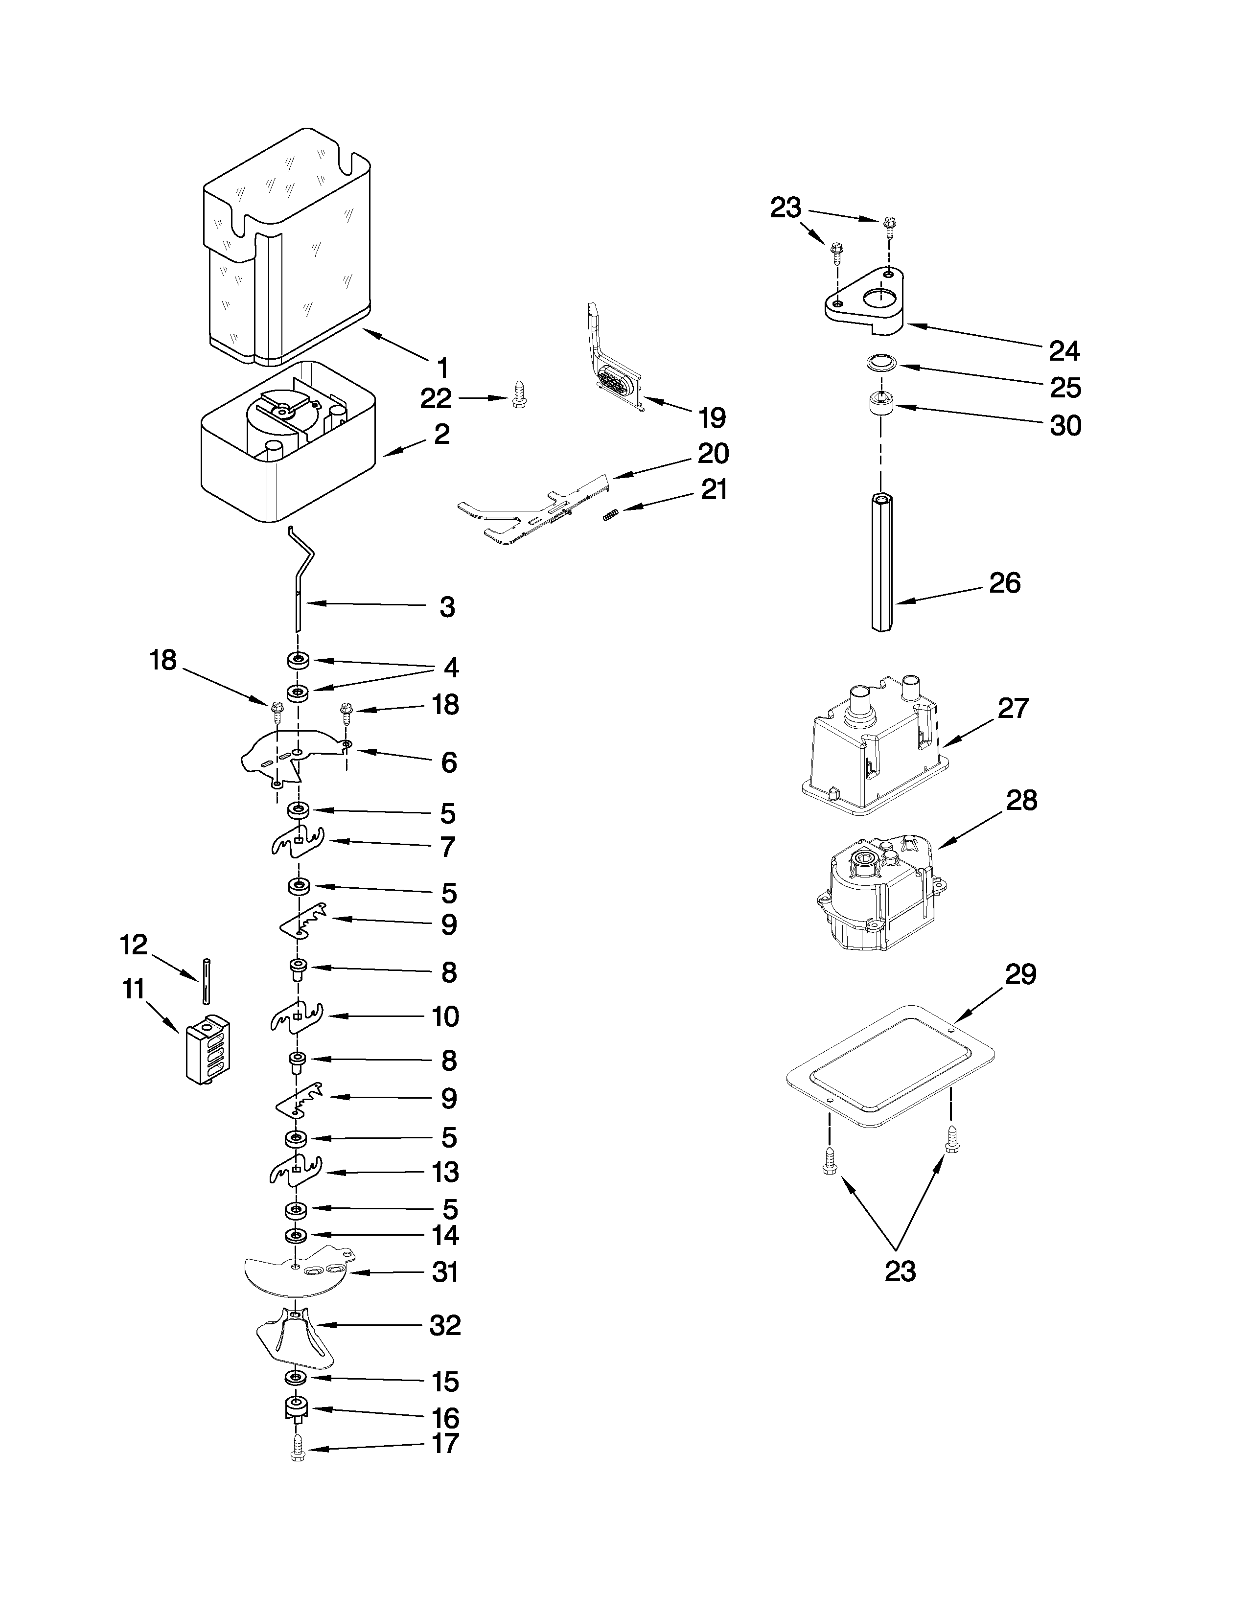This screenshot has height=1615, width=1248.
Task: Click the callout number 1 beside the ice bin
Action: [442, 368]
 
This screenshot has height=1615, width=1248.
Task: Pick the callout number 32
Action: [445, 1325]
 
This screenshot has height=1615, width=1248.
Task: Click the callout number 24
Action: [1064, 350]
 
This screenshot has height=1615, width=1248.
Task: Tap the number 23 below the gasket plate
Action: [900, 1271]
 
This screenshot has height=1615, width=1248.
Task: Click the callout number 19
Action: [712, 418]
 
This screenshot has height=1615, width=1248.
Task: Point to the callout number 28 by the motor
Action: [1021, 800]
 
